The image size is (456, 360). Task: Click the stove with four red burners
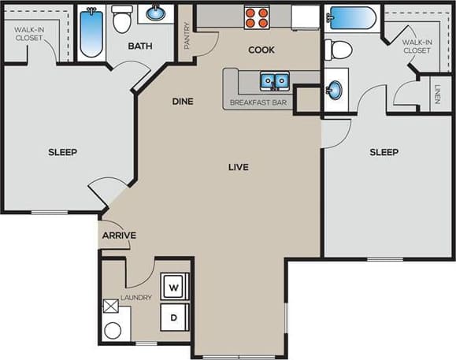256,17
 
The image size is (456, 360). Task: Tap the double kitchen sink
273,80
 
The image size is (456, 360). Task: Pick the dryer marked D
174,318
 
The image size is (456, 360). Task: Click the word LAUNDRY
135,298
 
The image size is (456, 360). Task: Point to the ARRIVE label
119,236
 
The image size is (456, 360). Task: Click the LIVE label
239,167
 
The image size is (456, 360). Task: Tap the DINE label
184,102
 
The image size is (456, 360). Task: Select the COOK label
261,50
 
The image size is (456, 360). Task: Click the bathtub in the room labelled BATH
91,34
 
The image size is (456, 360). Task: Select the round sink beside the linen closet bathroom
335,90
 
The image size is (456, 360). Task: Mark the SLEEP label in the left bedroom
62,152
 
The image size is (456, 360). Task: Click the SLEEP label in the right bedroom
384,152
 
